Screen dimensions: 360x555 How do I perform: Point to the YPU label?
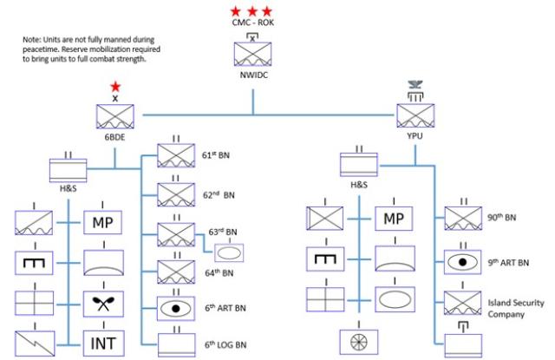pyautogui.click(x=414, y=138)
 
